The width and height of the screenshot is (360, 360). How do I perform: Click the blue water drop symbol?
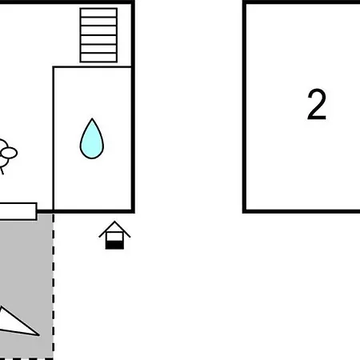point(92,139)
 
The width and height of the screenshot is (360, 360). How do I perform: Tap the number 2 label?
point(317,105)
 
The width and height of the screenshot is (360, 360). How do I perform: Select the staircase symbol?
point(98,35)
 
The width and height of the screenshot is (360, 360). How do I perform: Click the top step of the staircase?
point(98,13)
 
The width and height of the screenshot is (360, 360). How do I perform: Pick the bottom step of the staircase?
point(98,58)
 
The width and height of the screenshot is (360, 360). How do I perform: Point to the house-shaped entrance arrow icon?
point(114,235)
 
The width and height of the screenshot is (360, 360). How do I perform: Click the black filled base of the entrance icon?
point(114,245)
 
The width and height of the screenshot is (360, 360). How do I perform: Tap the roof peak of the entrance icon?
point(114,222)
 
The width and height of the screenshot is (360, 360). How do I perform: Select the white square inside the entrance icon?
point(114,236)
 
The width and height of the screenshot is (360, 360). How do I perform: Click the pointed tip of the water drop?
point(92,118)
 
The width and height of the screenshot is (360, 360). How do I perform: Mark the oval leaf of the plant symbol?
point(10,153)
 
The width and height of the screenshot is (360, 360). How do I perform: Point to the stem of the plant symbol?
point(2,170)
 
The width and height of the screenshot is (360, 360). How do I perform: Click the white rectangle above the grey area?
point(18,211)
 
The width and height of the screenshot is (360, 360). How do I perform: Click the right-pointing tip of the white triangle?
point(39,335)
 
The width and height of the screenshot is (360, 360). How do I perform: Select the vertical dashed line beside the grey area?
point(54,286)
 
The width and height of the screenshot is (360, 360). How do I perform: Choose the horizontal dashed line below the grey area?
point(26,358)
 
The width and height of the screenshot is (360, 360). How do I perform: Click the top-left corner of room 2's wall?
point(244,2)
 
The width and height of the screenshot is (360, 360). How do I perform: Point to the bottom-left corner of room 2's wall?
point(244,211)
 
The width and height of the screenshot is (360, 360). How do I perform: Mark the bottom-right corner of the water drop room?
point(133,211)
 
